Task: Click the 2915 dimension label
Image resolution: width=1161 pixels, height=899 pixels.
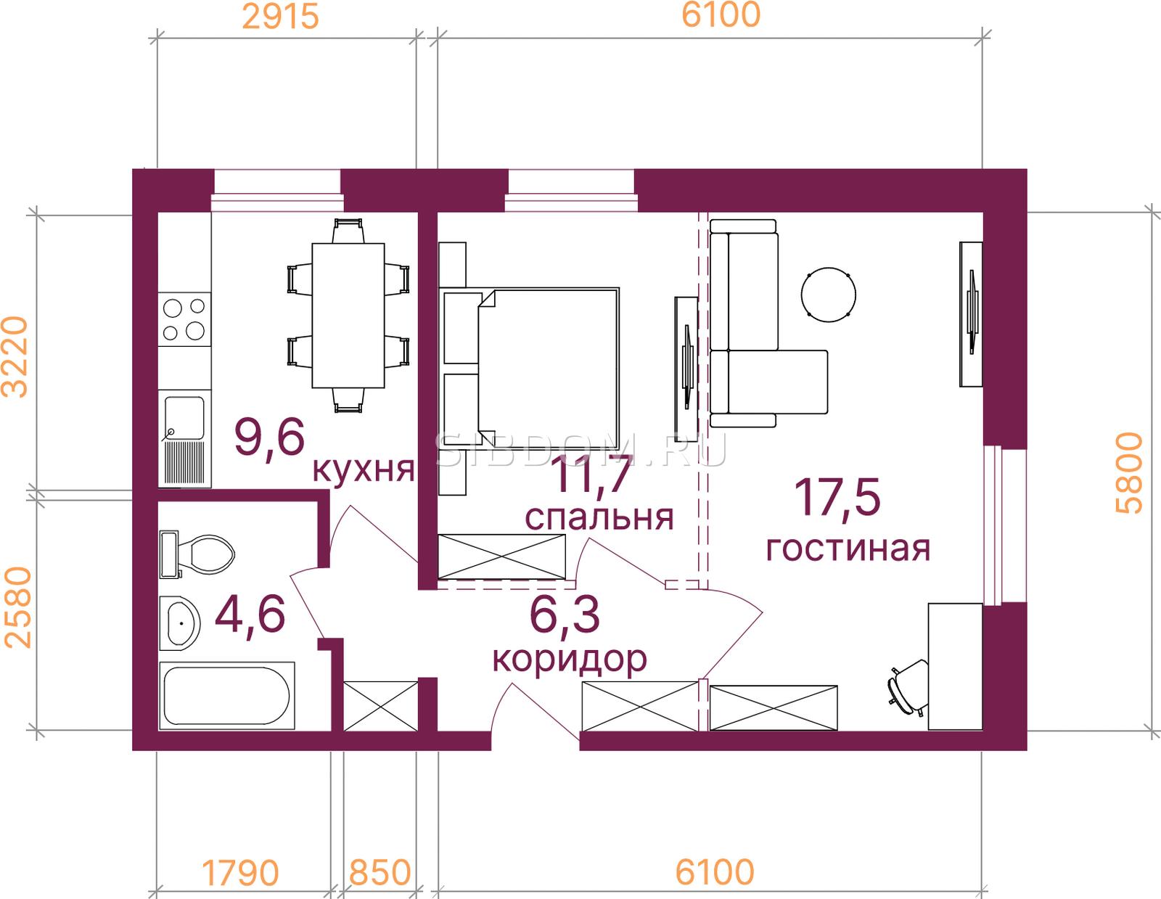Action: pyautogui.click(x=281, y=17)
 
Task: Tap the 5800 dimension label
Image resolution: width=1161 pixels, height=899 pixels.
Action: pyautogui.click(x=1130, y=473)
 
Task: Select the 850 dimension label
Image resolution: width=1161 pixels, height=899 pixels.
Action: pyautogui.click(x=380, y=873)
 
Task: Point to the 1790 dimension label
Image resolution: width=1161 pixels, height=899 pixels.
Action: pyautogui.click(x=240, y=873)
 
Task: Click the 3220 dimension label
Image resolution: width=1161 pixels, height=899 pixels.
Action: pyautogui.click(x=15, y=358)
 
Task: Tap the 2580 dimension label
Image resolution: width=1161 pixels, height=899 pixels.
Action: pyautogui.click(x=17, y=608)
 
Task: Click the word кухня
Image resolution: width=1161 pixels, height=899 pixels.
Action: pyautogui.click(x=364, y=469)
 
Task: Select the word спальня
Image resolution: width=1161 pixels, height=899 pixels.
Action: pyautogui.click(x=599, y=517)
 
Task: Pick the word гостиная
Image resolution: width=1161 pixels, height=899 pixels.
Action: pyautogui.click(x=848, y=549)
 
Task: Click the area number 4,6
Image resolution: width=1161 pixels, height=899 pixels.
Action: pyautogui.click(x=250, y=614)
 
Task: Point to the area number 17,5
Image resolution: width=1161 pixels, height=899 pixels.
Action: pyautogui.click(x=837, y=497)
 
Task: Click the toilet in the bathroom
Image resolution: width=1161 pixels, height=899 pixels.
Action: pyautogui.click(x=197, y=554)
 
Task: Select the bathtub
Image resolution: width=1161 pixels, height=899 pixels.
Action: pyautogui.click(x=227, y=696)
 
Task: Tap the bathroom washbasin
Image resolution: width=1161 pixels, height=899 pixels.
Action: pyautogui.click(x=180, y=623)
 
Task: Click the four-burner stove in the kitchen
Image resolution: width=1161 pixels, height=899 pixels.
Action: pyautogui.click(x=184, y=319)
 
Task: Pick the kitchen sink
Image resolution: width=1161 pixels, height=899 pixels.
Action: pyautogui.click(x=184, y=439)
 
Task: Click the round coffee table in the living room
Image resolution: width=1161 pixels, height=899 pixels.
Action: pyautogui.click(x=829, y=295)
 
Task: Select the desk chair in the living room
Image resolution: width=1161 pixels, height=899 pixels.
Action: pyautogui.click(x=908, y=688)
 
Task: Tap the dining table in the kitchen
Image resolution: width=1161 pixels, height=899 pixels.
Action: pyautogui.click(x=348, y=316)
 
